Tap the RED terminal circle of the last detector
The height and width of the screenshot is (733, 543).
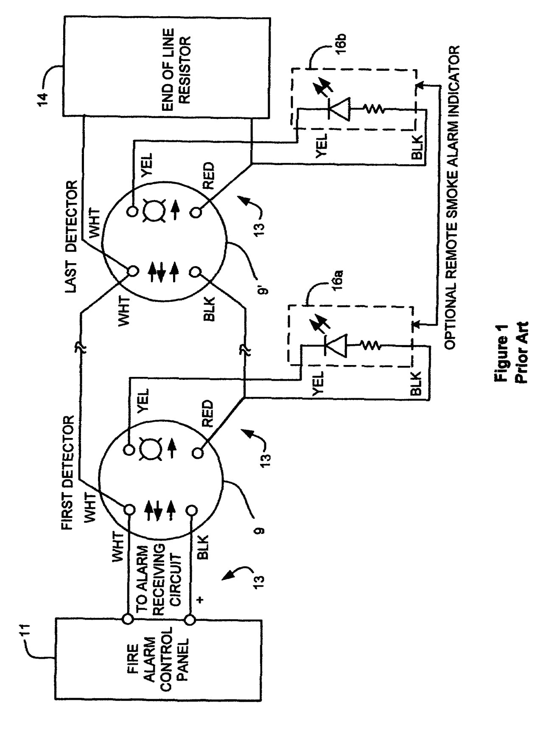(196, 211)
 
